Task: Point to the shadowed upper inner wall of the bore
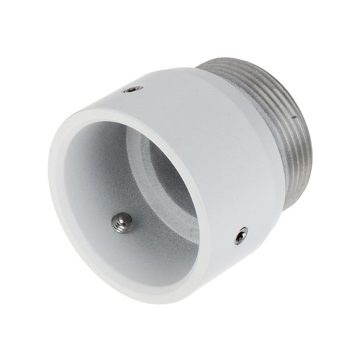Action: coord(128,140)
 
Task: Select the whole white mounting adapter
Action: coord(179,179)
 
